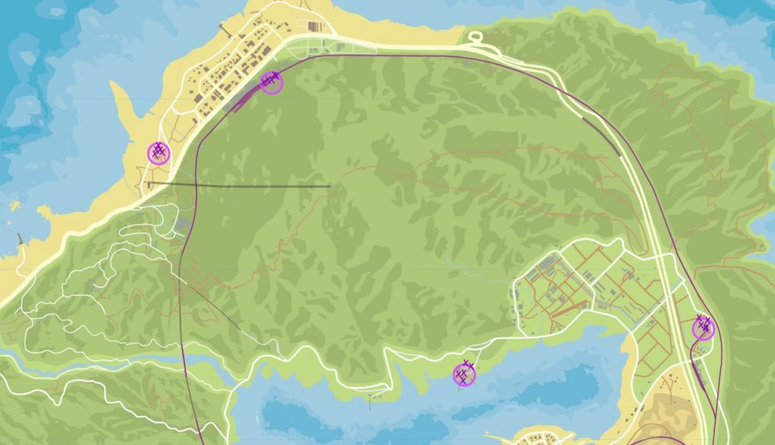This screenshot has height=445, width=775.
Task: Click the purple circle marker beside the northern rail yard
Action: pos(272,83)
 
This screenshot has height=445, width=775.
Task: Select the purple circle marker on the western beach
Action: pos(158,153)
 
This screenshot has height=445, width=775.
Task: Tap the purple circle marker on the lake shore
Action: pos(464,375)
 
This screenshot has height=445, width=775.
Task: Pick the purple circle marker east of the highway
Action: pos(703,329)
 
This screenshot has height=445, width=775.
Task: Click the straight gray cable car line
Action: pos(237,185)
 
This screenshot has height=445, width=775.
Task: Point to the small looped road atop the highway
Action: pos(474,37)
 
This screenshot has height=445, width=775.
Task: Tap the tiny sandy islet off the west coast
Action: pos(14,205)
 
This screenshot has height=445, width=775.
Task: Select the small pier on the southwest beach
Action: pos(20,238)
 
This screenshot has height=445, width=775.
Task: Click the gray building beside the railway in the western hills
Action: pos(182,224)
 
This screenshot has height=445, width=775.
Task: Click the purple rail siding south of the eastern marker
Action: pos(699,373)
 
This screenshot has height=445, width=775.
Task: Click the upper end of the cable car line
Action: pos(329,186)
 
